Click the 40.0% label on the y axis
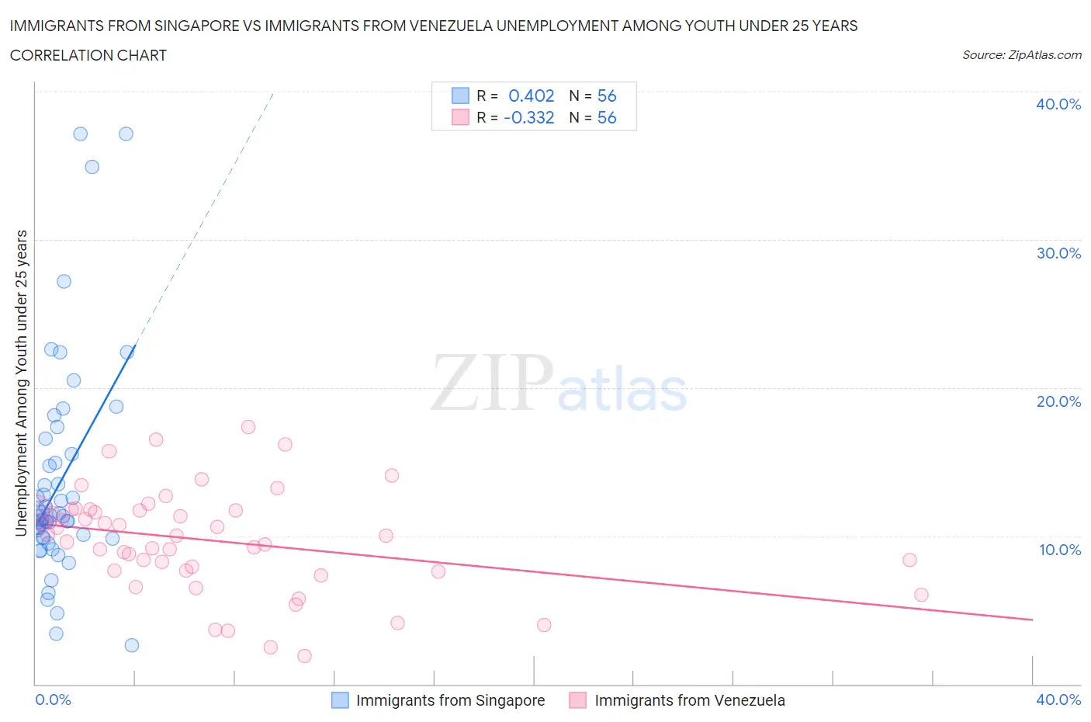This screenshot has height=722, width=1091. tap(1058, 104)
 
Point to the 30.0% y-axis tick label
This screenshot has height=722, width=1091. tap(1058, 253)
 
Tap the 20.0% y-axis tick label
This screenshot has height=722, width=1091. tap(1058, 401)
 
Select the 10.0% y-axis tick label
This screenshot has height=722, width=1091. tap(1058, 550)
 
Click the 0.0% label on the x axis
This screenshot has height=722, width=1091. tap(53, 699)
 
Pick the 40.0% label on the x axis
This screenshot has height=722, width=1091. tap(1058, 699)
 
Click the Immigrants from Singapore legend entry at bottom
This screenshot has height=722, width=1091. tap(450, 700)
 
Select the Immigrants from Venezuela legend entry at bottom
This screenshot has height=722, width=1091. tap(689, 700)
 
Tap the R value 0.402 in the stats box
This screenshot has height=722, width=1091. tap(531, 95)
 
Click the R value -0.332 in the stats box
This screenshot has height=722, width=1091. tap(528, 117)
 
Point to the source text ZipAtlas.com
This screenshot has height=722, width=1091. tap(1021, 54)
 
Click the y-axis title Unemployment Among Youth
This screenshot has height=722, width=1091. tap(22, 383)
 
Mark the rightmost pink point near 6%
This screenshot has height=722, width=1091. tap(921, 595)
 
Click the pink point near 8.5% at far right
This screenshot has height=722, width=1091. tap(909, 560)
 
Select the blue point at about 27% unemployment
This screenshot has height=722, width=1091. tap(64, 281)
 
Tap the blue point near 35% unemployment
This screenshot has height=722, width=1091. tap(92, 167)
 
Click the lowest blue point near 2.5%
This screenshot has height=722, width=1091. tap(132, 645)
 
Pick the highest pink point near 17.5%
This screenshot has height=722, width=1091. tap(248, 427)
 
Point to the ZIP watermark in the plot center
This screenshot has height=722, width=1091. tap(491, 382)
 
